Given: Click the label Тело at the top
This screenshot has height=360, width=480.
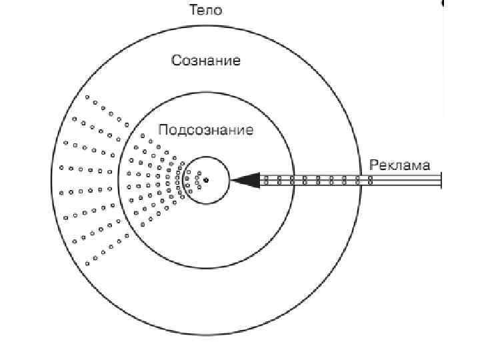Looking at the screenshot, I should pos(206,10).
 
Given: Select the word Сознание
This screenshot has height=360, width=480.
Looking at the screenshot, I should pos(206,61).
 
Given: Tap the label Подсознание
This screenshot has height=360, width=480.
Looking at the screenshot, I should pos(206,129).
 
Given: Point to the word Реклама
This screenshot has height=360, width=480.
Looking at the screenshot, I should pos(400,165).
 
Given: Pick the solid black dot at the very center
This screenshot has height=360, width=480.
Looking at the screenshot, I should pos(206,179).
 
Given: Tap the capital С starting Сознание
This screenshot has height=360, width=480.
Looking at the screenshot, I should pos(177,61).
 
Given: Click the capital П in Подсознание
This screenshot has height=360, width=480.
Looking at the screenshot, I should pos(163,129).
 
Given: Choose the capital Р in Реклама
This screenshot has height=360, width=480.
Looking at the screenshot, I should pos(373,165).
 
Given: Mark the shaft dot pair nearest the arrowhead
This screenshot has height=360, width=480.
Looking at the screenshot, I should pos(267,179).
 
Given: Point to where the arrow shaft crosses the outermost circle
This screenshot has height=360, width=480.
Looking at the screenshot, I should pos(361,179).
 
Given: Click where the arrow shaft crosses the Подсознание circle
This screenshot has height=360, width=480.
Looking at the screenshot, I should pos(293,179).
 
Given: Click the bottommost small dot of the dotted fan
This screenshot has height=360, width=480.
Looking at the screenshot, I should pos(87,264).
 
